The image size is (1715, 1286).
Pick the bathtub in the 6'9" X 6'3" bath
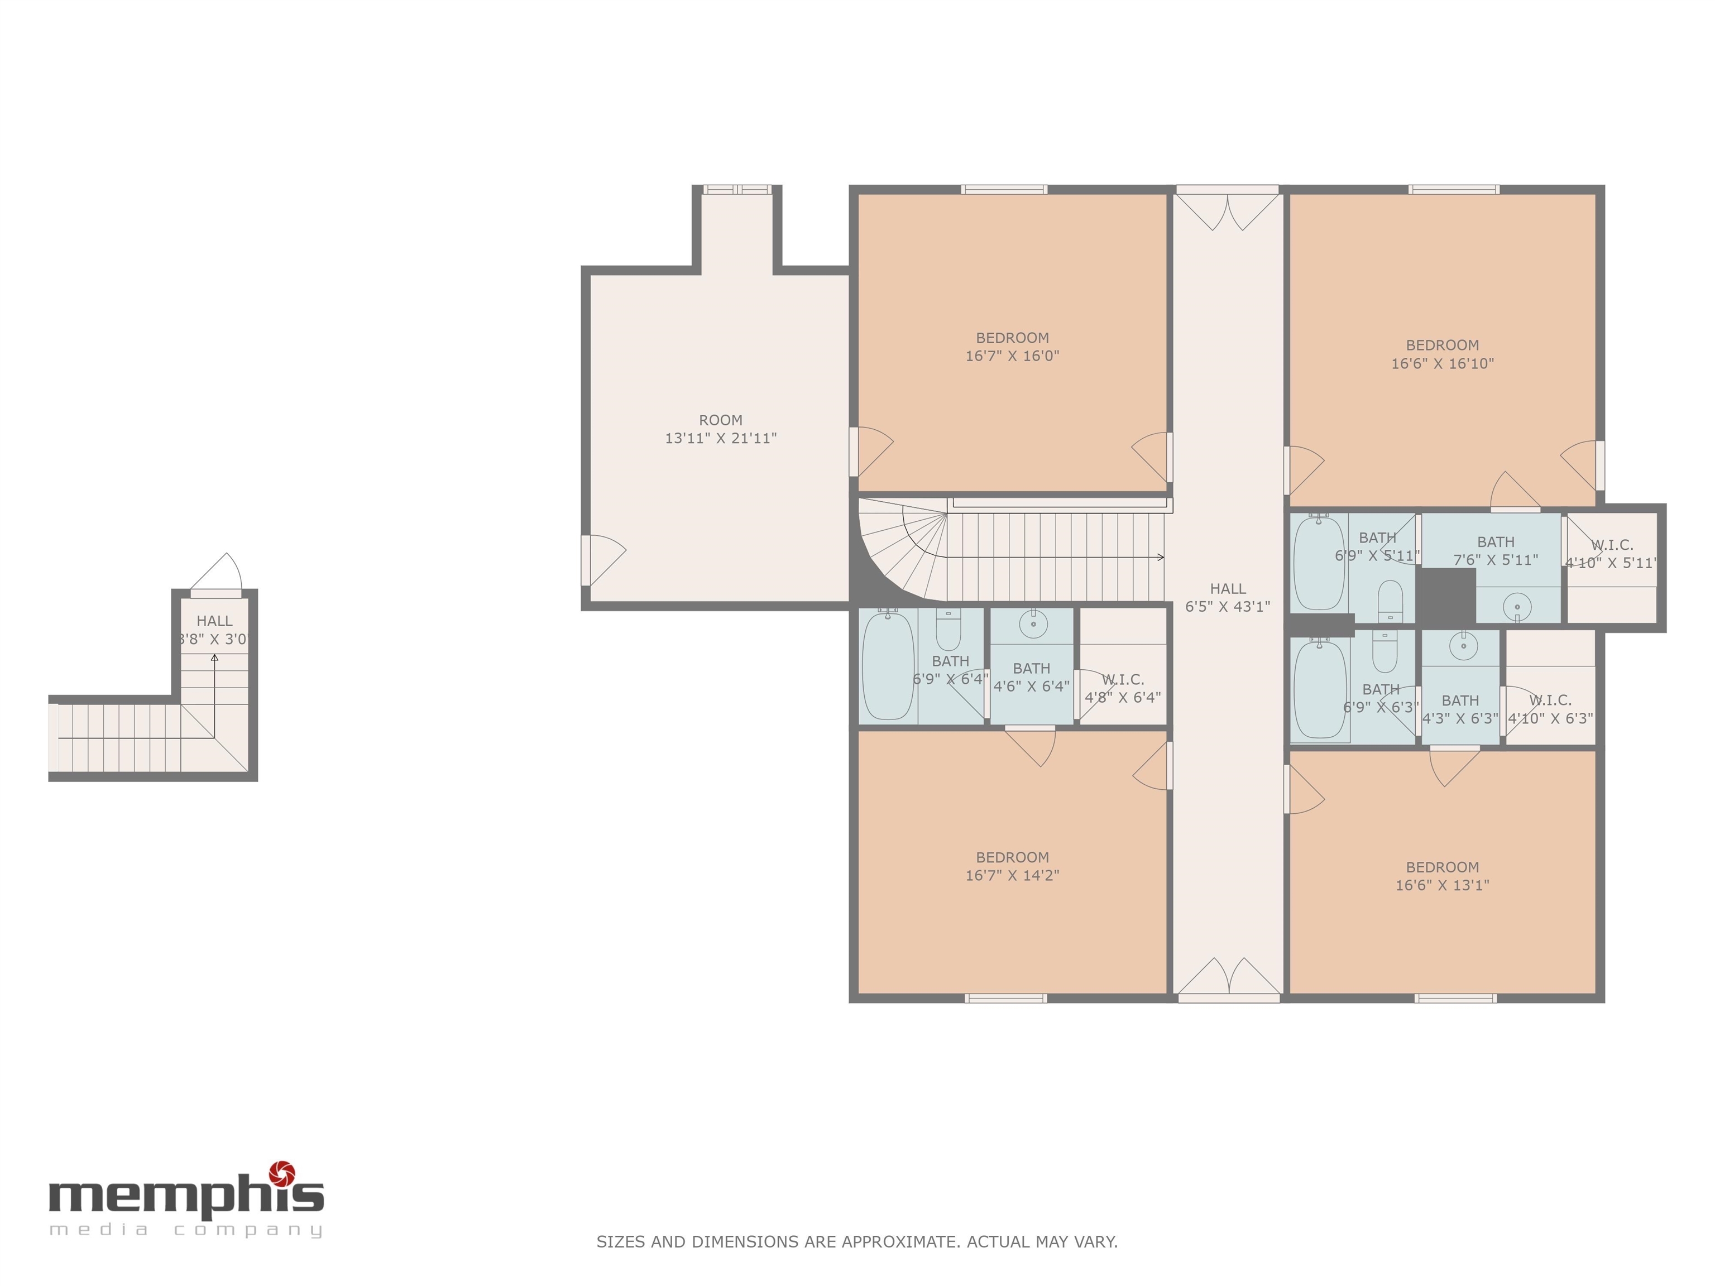pos(1320,690)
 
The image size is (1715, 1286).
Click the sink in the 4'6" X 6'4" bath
pos(1033,623)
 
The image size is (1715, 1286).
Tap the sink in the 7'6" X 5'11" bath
pos(1516,606)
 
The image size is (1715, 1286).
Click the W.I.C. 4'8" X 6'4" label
pos(1123,688)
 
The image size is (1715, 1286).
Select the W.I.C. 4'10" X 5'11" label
pos(1611,554)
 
